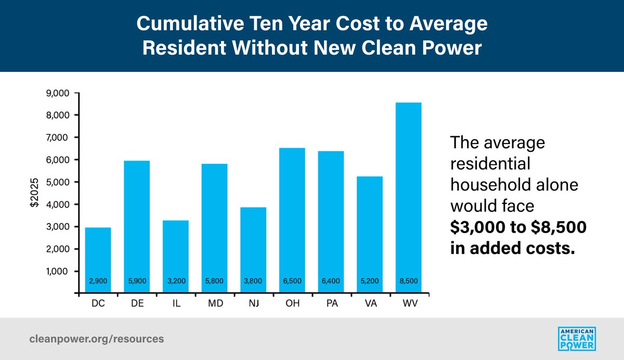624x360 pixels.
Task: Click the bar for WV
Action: [408, 198]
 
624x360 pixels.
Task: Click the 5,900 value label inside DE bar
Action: [137, 281]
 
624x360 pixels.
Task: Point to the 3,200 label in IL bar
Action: [175, 281]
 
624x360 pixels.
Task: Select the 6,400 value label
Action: [331, 281]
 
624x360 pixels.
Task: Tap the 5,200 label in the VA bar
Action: [369, 281]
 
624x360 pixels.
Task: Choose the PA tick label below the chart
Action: [331, 302]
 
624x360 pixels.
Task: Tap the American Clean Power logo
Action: [576, 339]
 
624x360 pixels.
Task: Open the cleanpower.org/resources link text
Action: [96, 339]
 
